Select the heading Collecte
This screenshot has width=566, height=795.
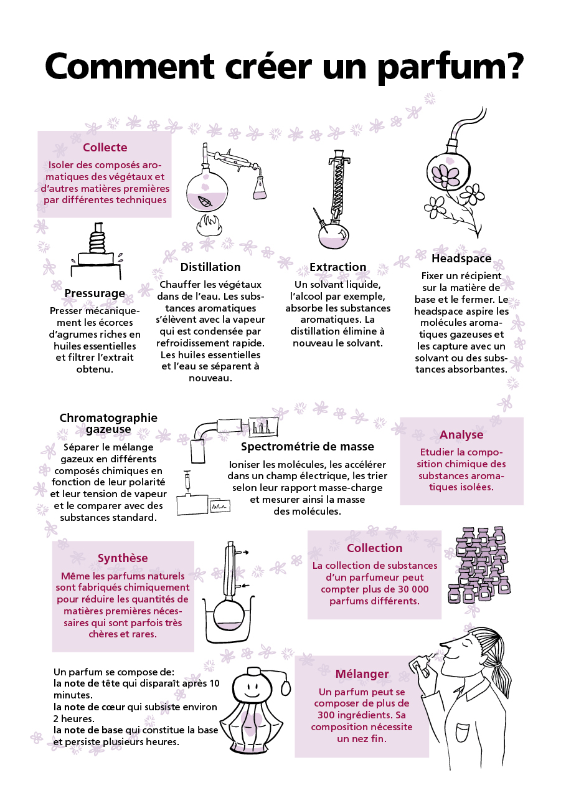pos(105,148)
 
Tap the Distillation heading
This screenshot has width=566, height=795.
pos(210,267)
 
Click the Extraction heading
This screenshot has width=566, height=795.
pos(337,267)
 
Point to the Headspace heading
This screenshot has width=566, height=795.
pos(461,258)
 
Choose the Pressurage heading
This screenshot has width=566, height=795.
pos(95,293)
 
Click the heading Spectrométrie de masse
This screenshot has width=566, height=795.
pos(308,446)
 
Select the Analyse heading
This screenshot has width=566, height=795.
pos(461,435)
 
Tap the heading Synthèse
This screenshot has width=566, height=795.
pos(123,558)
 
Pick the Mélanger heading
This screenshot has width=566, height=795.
pos(362,674)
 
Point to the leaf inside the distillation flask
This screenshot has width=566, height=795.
pos(204,201)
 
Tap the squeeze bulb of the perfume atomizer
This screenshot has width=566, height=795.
pos(286,686)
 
